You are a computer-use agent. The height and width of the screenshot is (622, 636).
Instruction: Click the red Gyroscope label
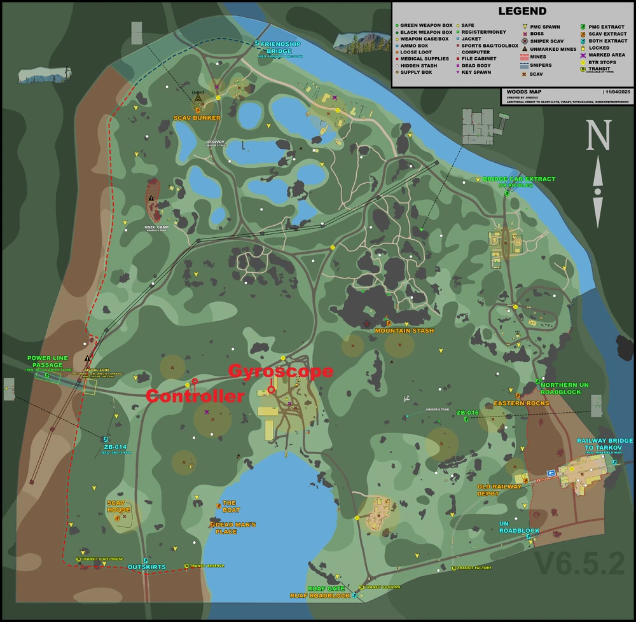[280, 371]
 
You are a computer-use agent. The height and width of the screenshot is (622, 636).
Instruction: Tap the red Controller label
[195, 396]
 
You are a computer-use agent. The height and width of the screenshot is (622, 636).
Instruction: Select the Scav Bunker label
[197, 118]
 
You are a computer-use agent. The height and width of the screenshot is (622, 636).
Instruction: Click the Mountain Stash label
[404, 331]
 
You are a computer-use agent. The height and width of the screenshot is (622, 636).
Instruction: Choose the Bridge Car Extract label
[518, 179]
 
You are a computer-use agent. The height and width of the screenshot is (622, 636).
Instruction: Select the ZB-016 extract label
[467, 413]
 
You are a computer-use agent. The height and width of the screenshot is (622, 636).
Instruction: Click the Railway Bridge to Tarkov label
[604, 444]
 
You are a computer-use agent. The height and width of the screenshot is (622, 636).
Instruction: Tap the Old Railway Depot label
[499, 490]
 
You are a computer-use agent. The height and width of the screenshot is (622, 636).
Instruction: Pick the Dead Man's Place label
[235, 528]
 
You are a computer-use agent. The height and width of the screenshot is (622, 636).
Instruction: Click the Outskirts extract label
[146, 567]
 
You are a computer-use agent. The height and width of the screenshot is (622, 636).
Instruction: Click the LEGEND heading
[522, 11]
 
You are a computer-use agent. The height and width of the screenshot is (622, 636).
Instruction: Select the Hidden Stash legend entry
[418, 65]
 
